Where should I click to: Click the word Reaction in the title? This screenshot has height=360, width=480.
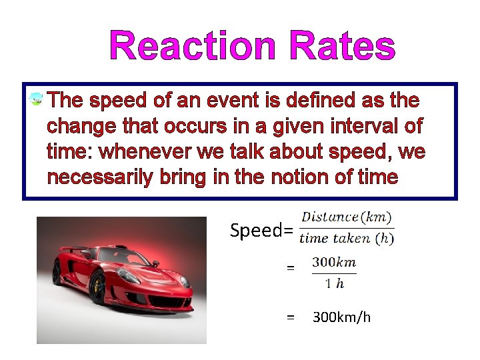tap(194, 47)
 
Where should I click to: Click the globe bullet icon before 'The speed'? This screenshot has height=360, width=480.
tap(37, 100)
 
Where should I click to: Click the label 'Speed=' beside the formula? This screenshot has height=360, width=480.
tap(261, 231)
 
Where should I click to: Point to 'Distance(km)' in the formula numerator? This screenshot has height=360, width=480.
tap(346, 217)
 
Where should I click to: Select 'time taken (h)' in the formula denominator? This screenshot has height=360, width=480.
tap(346, 238)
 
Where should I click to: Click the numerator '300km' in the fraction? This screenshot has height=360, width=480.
tap(334, 263)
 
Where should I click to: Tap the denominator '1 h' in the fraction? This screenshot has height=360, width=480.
tap(334, 283)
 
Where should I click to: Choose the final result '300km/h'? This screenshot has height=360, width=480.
tap(341, 317)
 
